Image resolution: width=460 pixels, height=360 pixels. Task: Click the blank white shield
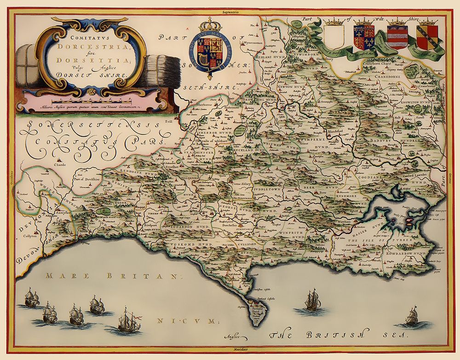[x=334, y=36]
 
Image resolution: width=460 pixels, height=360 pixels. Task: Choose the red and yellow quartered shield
[x=427, y=37]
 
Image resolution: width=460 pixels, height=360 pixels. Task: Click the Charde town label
[x=60, y=164]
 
